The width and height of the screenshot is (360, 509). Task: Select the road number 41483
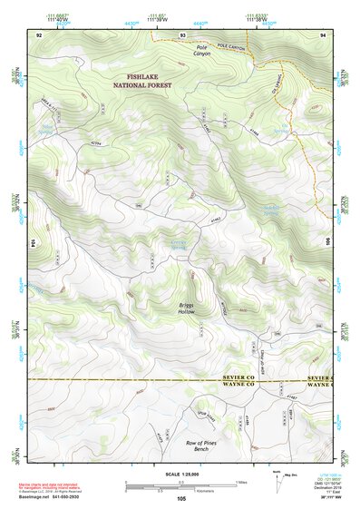[215, 216]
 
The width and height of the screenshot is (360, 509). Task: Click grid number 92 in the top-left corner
[39, 34]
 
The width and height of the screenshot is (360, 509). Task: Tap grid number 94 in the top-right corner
[323, 34]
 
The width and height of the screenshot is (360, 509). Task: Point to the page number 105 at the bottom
[181, 498]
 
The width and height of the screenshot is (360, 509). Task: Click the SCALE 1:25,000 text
[180, 475]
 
